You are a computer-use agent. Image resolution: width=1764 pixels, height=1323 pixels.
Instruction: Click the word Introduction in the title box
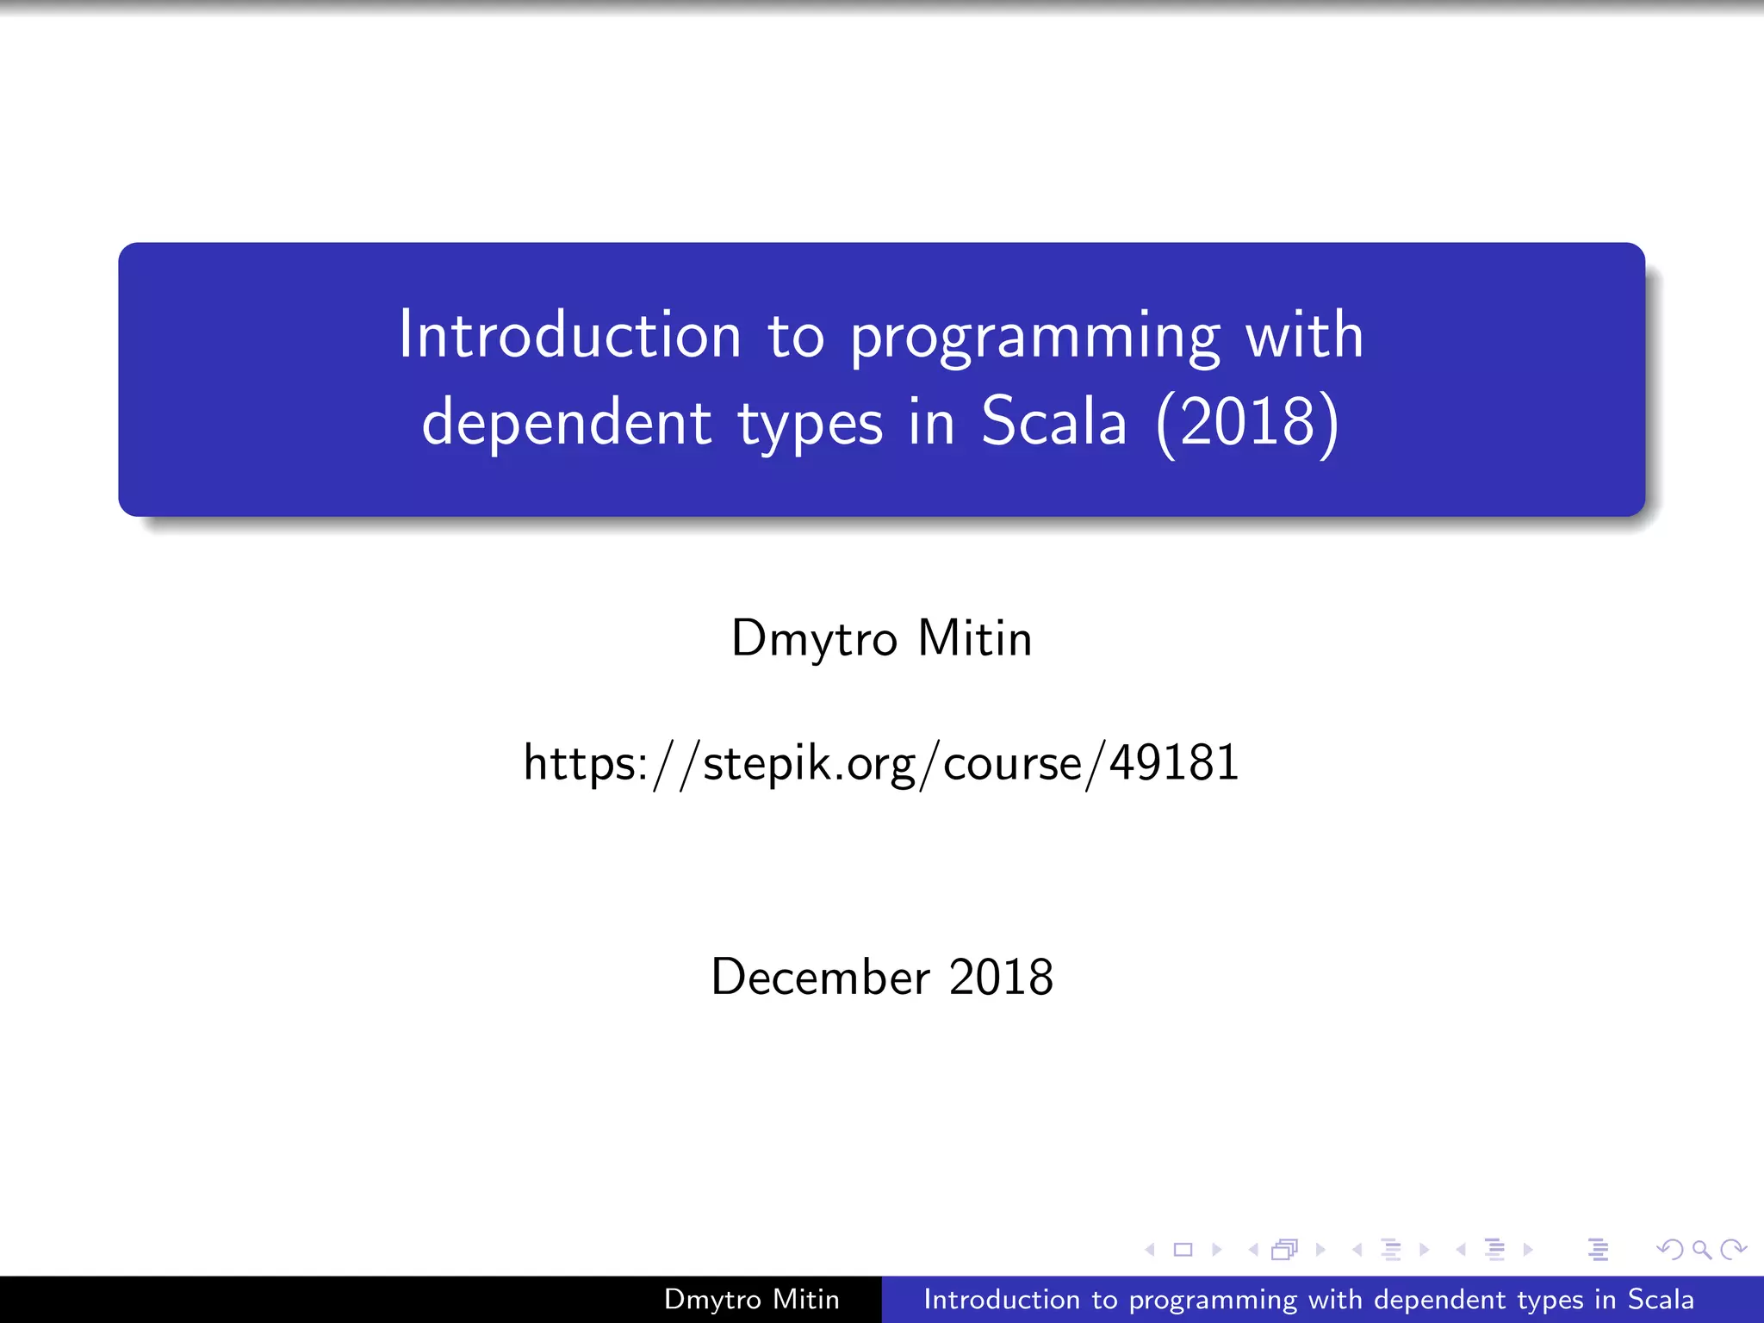(x=569, y=335)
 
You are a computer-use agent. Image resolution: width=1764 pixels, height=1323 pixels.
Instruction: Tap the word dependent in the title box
(x=567, y=423)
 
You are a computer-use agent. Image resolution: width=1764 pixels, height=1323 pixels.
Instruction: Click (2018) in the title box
(x=1247, y=423)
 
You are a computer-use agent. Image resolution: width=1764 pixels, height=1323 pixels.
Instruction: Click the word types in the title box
(x=810, y=425)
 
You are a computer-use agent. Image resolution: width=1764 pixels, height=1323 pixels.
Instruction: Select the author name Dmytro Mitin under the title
(x=881, y=638)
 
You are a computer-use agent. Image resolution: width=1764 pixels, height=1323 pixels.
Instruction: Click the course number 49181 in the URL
(x=1173, y=763)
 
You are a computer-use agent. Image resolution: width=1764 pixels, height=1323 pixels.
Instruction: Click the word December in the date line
(x=820, y=977)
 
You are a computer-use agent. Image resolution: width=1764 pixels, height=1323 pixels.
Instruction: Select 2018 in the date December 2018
(x=1001, y=977)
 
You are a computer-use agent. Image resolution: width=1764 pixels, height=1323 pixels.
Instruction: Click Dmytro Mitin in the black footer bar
(x=751, y=1299)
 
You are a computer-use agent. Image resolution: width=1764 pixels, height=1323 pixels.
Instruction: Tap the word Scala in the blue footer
(x=1660, y=1299)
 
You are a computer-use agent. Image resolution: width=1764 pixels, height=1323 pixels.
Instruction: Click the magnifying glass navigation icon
(x=1701, y=1249)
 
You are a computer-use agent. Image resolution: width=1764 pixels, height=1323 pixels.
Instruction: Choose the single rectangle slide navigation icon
(x=1183, y=1249)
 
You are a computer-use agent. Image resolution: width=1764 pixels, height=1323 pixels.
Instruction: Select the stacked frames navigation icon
(x=1284, y=1249)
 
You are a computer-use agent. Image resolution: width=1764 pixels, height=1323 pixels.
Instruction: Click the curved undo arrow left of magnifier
(x=1669, y=1249)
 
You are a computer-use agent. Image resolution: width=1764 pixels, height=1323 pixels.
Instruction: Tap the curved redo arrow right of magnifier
(x=1733, y=1249)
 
